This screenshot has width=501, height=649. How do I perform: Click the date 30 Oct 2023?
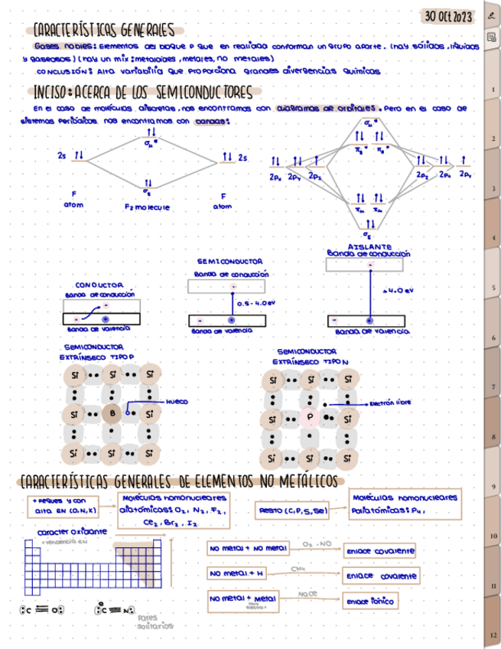pyautogui.click(x=450, y=16)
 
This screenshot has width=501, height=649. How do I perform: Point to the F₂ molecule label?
pyautogui.click(x=147, y=207)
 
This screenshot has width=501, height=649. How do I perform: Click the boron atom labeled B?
pyautogui.click(x=112, y=414)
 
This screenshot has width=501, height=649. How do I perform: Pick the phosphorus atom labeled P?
pyautogui.click(x=311, y=418)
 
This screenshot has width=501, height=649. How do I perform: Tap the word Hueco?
pyautogui.click(x=177, y=401)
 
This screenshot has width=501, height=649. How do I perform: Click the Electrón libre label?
pyautogui.click(x=391, y=403)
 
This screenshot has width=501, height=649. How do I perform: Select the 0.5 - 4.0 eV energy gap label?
pyautogui.click(x=255, y=303)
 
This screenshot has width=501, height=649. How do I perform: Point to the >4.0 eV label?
pyautogui.click(x=398, y=291)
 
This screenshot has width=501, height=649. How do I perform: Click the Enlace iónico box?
pyautogui.click(x=370, y=602)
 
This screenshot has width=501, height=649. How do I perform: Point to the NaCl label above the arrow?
pyautogui.click(x=307, y=593)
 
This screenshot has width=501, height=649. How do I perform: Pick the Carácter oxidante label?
pyautogui.click(x=72, y=531)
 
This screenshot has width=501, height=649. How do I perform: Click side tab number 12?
pyautogui.click(x=493, y=635)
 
